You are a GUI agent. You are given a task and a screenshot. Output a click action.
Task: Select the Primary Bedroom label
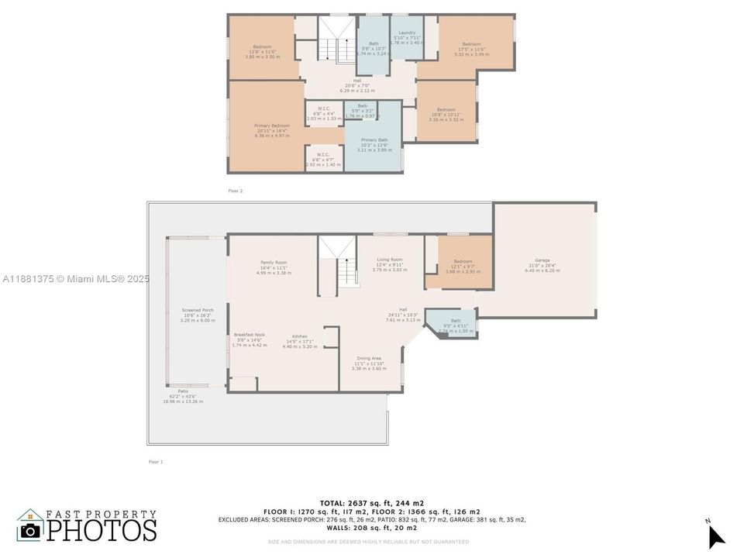tap(271, 126)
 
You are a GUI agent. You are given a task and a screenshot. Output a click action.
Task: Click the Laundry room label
tap(407, 33)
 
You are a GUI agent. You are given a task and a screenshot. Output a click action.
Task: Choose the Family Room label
tap(274, 263)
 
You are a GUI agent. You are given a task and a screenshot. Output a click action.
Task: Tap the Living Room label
tap(389, 260)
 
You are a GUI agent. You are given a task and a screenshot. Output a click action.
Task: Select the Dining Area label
tap(369, 358)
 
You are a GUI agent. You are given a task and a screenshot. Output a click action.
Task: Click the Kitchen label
tap(299, 336)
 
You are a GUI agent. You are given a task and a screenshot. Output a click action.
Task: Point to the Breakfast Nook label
tap(249, 335)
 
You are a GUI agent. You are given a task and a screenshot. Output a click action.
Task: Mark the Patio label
tap(183, 391)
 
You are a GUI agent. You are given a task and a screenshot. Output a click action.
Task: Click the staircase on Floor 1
tap(337, 263)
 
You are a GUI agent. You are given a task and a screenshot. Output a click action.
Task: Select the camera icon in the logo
tap(31, 530)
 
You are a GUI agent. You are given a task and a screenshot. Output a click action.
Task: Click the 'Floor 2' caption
tap(236, 190)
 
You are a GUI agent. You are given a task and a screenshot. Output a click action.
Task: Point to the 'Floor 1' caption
tap(156, 461)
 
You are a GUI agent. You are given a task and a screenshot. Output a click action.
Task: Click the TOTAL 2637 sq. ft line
tap(372, 503)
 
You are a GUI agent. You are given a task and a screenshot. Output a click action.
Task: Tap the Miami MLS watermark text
tap(76, 278)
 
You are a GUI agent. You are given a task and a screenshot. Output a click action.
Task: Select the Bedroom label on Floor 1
tap(463, 261)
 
